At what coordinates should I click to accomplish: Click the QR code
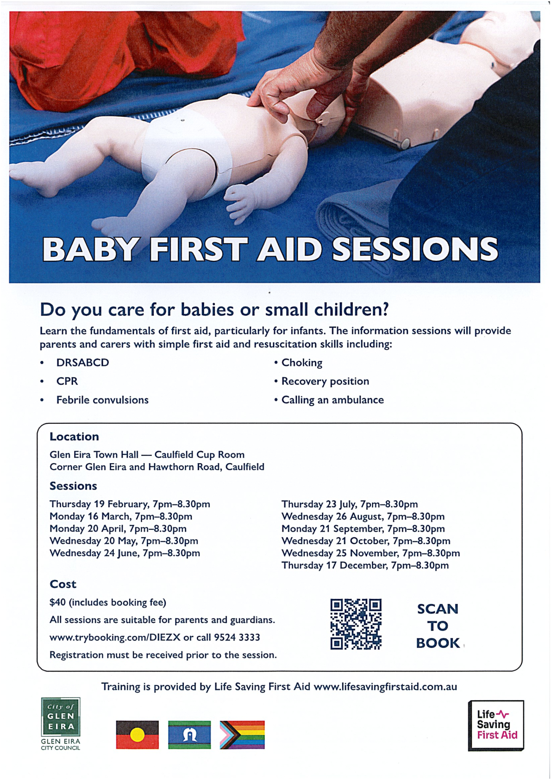(356, 624)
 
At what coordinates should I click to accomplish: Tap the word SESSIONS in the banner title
(415, 249)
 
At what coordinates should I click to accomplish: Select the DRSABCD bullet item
(83, 363)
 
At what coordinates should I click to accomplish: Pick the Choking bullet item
(302, 363)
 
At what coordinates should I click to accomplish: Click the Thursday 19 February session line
(130, 504)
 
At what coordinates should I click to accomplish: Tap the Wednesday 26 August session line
(363, 516)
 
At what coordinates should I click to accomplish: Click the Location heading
(74, 437)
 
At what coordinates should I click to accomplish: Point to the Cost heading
(63, 584)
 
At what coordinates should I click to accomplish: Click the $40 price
(57, 603)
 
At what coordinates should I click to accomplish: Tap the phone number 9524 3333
(237, 637)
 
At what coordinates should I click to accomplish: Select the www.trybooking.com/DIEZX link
(115, 638)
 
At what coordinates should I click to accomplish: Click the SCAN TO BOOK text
(438, 626)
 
